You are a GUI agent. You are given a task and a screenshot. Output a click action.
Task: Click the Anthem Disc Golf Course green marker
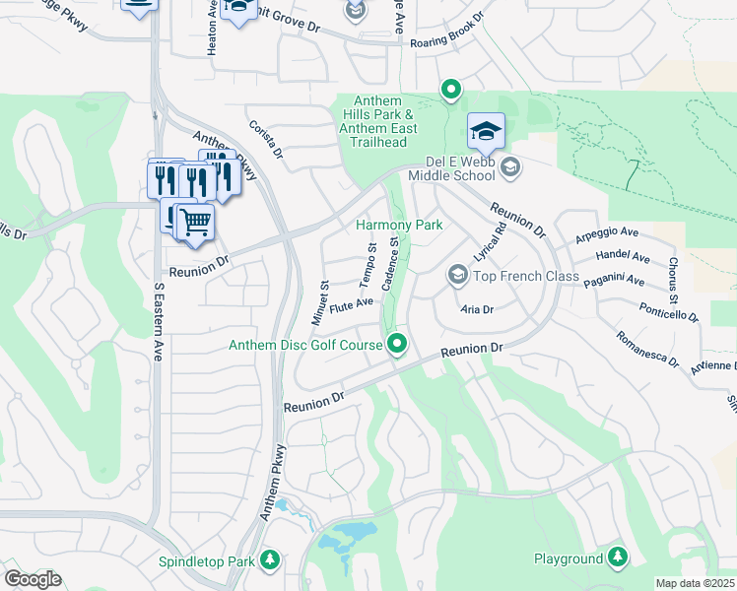point(398,344)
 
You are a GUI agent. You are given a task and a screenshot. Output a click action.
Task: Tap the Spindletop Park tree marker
point(271,560)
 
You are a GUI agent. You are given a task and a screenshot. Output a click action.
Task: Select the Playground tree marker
point(618,558)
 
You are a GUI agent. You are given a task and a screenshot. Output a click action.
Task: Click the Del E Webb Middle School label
point(446,168)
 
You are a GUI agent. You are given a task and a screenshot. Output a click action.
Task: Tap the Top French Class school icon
point(457,275)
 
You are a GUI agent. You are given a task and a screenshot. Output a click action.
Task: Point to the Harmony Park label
point(399,225)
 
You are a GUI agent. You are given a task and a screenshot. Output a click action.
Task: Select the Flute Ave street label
point(351,304)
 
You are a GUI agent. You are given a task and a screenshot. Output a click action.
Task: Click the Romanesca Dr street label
point(647,349)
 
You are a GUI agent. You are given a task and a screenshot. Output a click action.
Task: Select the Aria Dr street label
point(477,308)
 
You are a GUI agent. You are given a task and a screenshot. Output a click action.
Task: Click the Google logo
point(33,578)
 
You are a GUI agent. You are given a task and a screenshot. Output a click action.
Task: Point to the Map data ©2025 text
point(696,583)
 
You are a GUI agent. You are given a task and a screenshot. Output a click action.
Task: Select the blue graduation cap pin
point(486,132)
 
